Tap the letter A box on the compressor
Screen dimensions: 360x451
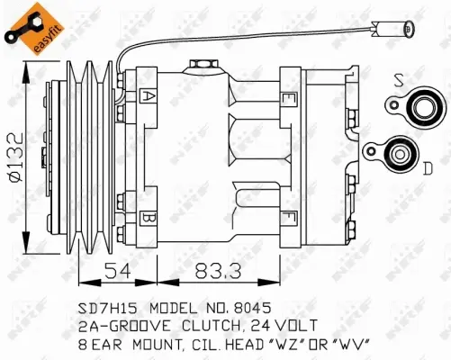point(148,94)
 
